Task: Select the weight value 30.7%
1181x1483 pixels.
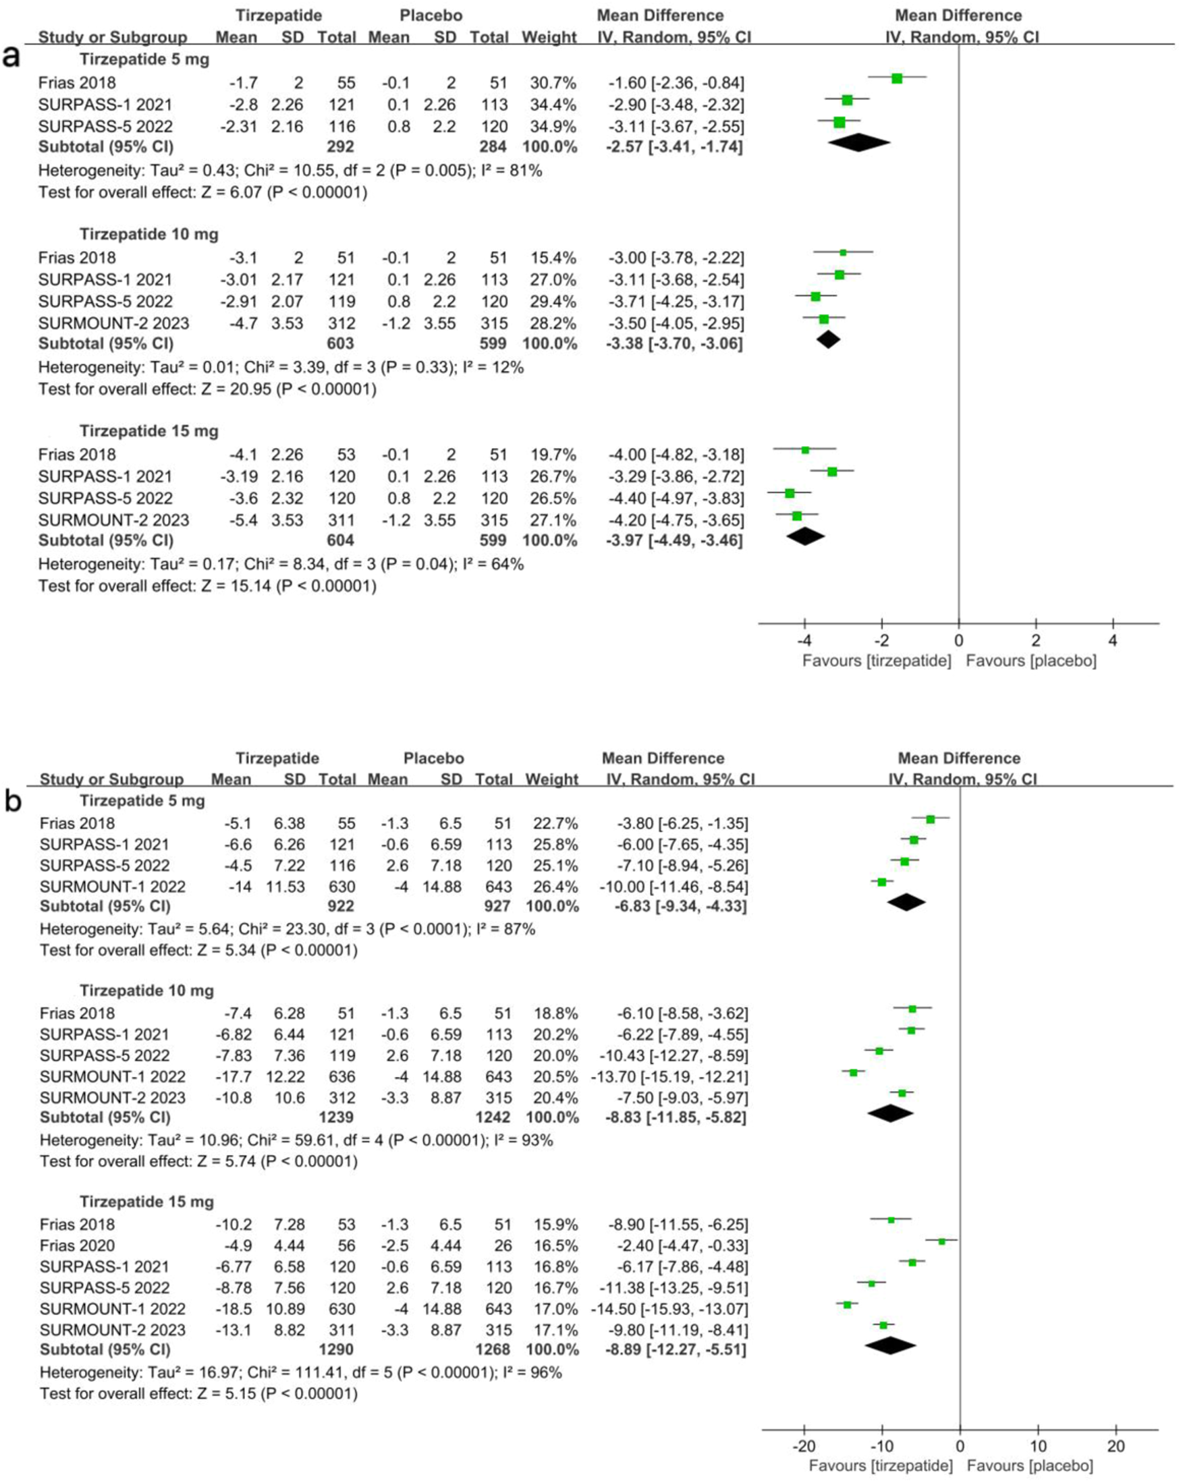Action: (552, 83)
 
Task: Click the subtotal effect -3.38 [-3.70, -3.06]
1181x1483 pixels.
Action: (674, 343)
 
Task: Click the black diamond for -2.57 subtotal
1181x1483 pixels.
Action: (858, 143)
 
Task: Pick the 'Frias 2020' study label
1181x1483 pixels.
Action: (77, 1246)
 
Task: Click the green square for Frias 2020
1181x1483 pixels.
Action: (941, 1241)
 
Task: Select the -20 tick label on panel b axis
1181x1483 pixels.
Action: (802, 1446)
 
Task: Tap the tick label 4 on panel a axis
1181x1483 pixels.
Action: (1113, 641)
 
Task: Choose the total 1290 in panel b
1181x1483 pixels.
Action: (335, 1349)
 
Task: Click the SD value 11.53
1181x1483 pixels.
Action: (285, 887)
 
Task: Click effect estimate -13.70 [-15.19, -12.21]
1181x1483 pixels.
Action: (669, 1076)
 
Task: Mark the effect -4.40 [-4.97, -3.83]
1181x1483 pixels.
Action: (676, 499)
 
